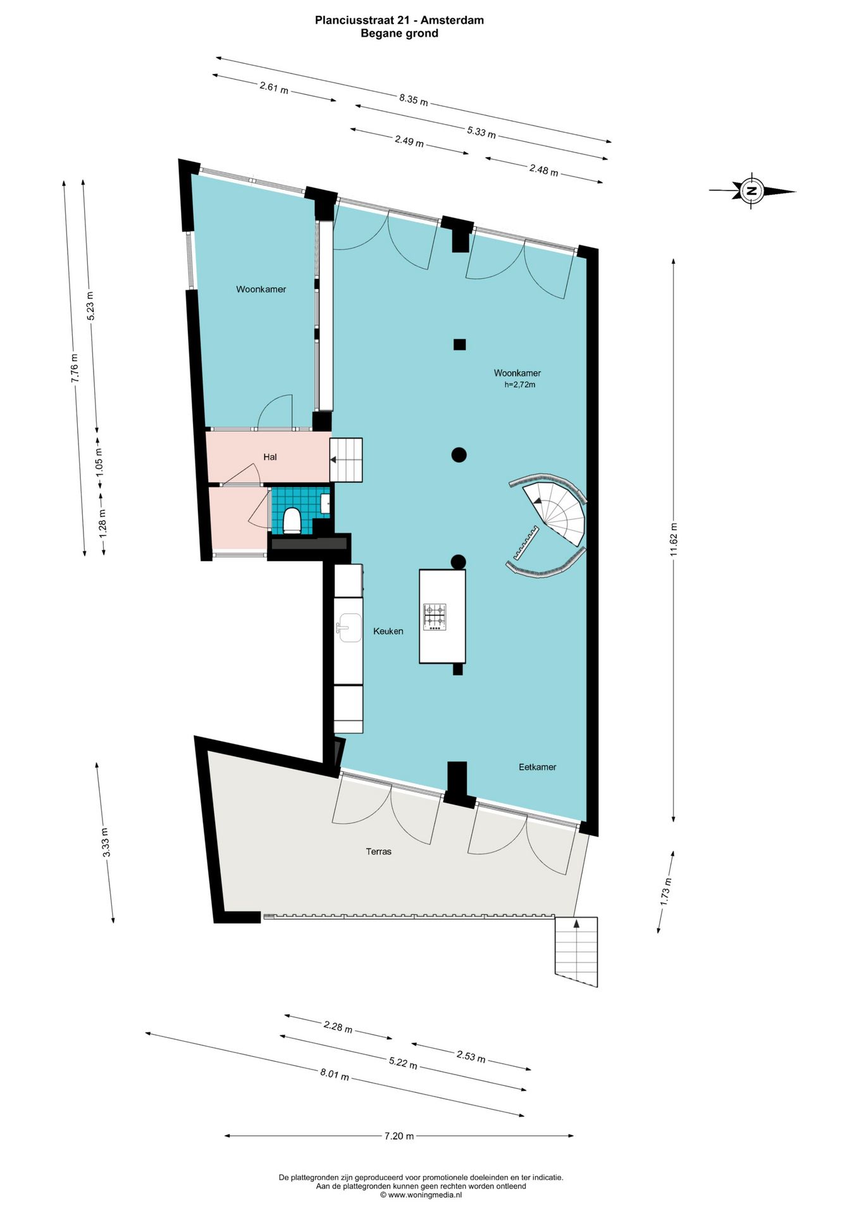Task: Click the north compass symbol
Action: coord(751,190)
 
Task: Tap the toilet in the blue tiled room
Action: coord(292,520)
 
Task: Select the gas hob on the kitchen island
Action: coord(435,616)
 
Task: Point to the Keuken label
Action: coord(388,631)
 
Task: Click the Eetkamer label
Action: coord(537,767)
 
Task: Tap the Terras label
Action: coord(378,852)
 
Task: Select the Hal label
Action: coord(270,457)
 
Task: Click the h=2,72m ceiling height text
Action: coord(519,385)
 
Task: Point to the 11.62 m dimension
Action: coord(674,540)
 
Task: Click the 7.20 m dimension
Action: coord(399,1136)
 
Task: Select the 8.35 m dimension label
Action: coord(413,99)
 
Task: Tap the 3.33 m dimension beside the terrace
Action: coord(106,842)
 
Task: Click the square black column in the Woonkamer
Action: coord(460,345)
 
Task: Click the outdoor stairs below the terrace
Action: coord(576,949)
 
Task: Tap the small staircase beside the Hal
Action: coord(347,460)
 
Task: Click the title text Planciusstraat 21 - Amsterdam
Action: coord(399,20)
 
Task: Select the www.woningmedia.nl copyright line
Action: coord(421,1195)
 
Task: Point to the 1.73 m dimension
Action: coord(665,891)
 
